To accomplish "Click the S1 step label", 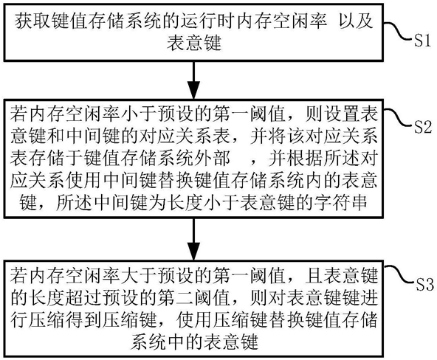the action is (422, 41).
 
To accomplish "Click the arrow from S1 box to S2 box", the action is (193, 80).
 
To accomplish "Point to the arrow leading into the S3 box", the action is (193, 239).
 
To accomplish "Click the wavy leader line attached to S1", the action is (398, 32).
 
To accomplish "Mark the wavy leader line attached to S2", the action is (399, 117).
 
